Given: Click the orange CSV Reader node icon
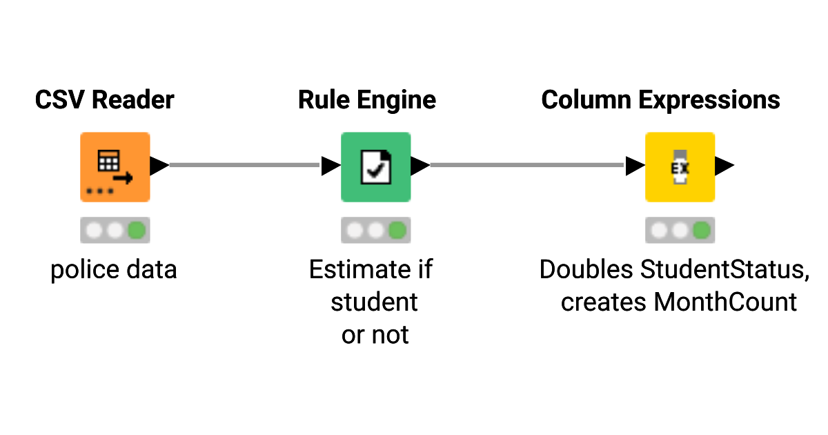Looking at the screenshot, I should (115, 166).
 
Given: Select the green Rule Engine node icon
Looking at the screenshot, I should (375, 166).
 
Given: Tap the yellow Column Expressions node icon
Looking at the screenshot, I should (680, 166).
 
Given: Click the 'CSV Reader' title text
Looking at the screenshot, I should (105, 100).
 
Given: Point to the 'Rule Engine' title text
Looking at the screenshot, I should (367, 100).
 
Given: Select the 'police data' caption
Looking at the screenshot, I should (114, 269).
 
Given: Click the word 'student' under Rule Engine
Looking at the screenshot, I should (375, 302).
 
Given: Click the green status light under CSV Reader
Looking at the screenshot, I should (137, 230).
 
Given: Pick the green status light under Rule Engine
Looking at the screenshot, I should (397, 230).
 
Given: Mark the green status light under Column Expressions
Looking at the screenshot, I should (702, 230).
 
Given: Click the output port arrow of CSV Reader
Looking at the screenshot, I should (159, 166).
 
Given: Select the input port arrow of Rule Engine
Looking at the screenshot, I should (331, 166).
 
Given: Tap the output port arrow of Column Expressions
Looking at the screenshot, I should (724, 166).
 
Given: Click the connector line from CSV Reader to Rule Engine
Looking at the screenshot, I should (245, 165).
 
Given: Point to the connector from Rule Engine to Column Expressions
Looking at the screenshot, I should (528, 165).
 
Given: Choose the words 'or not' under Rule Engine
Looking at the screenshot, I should (375, 335).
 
